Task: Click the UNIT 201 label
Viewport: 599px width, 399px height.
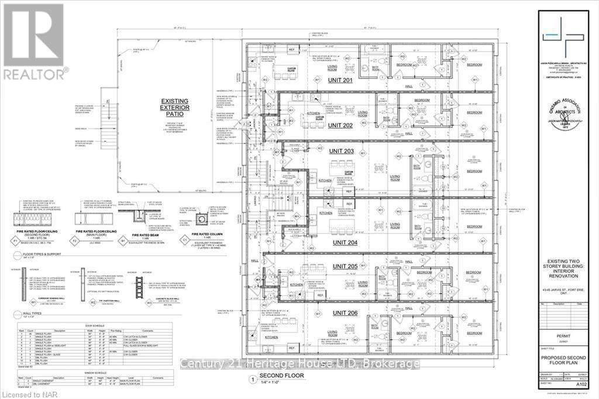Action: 339,80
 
